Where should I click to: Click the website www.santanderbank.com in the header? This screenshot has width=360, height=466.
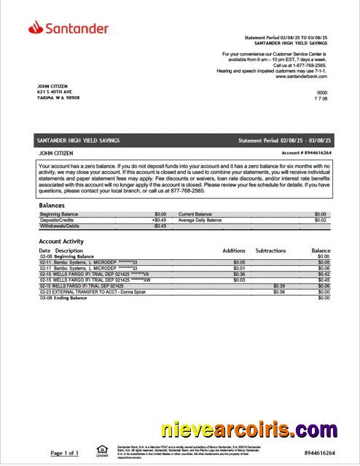301,76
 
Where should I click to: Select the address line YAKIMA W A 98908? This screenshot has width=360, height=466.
58,97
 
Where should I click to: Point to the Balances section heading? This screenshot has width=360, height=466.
52,205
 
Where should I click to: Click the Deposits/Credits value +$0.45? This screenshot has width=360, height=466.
159,220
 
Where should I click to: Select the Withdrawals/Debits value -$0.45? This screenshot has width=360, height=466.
160,226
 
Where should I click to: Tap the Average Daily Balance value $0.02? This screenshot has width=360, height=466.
320,220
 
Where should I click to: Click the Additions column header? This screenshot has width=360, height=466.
234,250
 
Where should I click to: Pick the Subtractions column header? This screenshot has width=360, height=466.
270,250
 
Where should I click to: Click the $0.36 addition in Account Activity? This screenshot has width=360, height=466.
239,274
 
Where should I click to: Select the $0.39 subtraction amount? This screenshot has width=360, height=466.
278,285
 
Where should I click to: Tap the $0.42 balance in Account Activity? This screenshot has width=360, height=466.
324,274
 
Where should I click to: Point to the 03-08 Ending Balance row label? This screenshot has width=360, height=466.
66,297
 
